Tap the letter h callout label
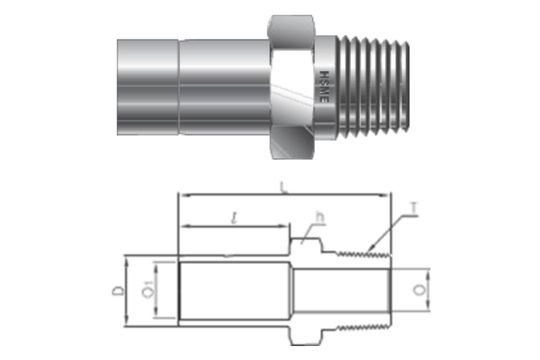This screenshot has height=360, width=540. pos(320,216)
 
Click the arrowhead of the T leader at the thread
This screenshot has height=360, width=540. pos(369,248)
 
